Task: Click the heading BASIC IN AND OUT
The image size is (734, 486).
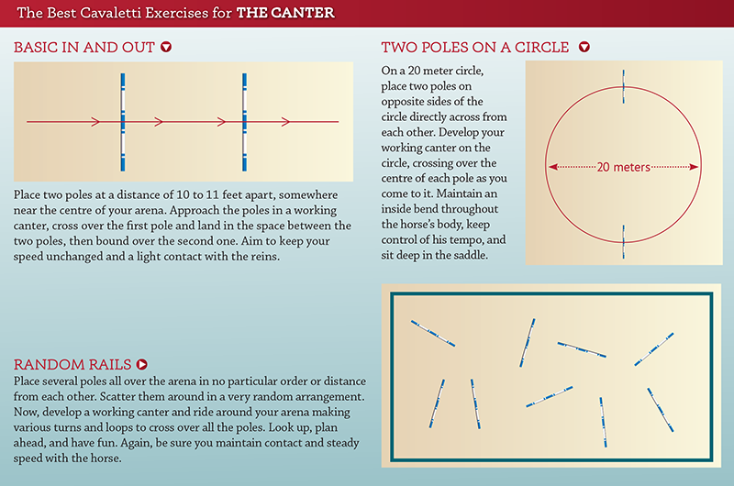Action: click(83, 48)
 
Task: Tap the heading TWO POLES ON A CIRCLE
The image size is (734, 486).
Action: click(474, 48)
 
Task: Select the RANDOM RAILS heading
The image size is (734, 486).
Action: click(72, 364)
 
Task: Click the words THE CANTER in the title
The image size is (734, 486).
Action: click(285, 13)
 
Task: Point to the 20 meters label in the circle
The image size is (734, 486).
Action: click(624, 167)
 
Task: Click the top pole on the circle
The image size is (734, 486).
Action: click(624, 86)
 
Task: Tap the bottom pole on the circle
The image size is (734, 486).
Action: click(624, 242)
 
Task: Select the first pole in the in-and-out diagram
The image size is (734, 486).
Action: click(123, 122)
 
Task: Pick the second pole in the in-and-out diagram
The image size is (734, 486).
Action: click(244, 122)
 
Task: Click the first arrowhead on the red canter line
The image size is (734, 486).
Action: click(96, 122)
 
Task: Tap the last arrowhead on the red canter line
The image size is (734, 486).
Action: click(285, 122)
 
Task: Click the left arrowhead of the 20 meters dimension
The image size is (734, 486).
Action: click(553, 167)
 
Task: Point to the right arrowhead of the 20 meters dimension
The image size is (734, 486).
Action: click(694, 167)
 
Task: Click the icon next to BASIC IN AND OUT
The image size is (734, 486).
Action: click(166, 47)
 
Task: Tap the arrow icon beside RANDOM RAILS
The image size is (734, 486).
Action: click(142, 364)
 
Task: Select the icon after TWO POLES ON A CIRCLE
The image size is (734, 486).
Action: click(584, 47)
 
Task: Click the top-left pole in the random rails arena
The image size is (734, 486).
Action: click(433, 334)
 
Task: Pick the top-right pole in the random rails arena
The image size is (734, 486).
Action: click(654, 349)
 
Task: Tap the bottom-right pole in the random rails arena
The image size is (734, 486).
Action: click(661, 410)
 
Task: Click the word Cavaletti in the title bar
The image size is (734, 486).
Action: click(110, 13)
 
